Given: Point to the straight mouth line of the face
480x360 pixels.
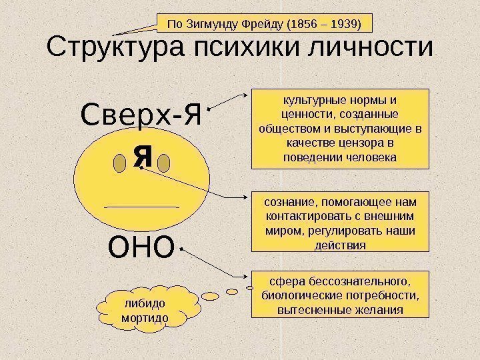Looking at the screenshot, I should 142,207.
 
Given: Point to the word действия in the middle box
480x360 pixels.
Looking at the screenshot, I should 340,245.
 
